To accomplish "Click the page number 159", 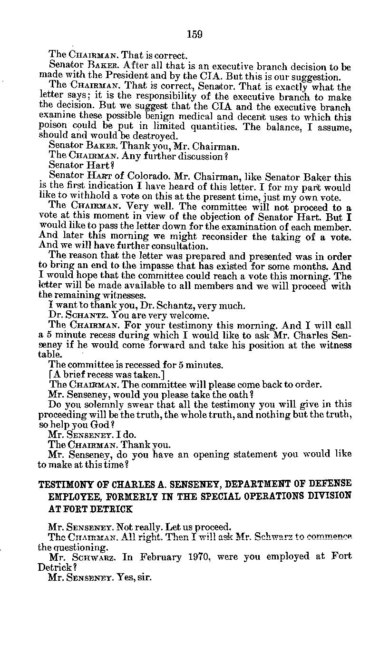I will pyautogui.click(x=194, y=34).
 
